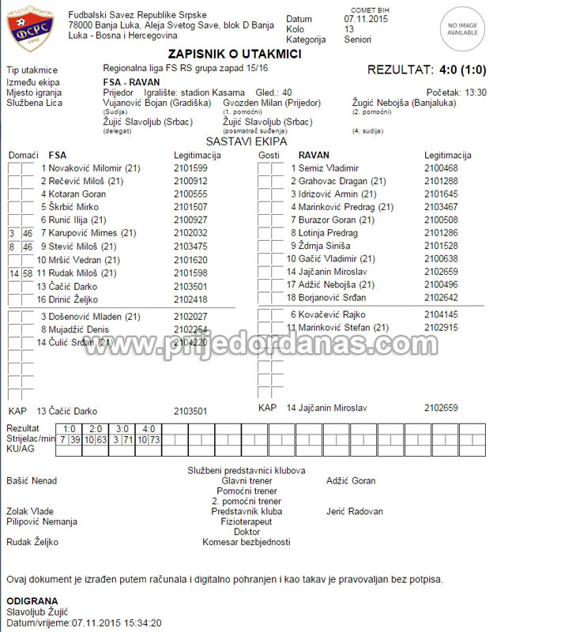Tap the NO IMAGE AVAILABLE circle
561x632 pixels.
463,29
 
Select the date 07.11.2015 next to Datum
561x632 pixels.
366,18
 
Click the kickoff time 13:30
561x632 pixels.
476,92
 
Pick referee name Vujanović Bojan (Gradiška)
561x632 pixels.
156,103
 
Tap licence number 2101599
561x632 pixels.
190,168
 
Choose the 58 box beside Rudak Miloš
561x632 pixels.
27,273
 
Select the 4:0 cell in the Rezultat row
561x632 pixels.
148,428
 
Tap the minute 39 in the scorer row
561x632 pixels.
74,439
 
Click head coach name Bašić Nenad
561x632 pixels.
32,480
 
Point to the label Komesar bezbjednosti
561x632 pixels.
246,542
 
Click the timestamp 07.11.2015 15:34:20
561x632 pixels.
117,623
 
